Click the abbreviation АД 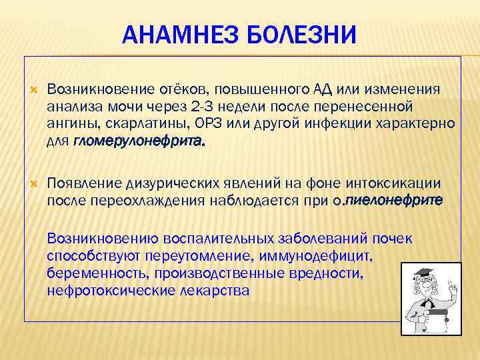pyautogui.click(x=321, y=90)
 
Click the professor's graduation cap pyautogui.click(x=424, y=273)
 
